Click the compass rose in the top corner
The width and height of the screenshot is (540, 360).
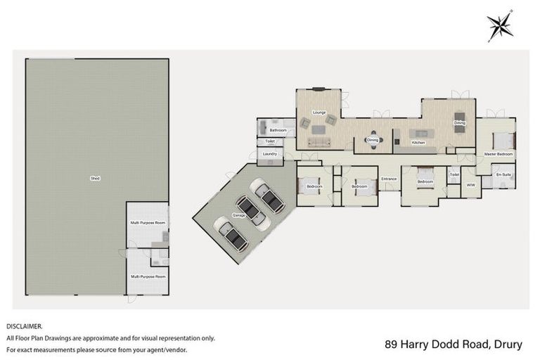pos(500,25)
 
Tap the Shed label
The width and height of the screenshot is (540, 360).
pos(95,179)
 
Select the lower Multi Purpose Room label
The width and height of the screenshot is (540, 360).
pos(148,276)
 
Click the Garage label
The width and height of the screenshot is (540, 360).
pos(240,215)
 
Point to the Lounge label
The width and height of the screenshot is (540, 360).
pos(319,112)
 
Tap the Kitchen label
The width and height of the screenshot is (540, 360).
pos(418,143)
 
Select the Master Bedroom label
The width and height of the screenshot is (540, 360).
pos(499,153)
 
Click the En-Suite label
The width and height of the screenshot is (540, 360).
pos(503,174)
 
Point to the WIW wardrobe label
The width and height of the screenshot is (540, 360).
pos(470,185)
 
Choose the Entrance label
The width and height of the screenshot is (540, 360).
pos(389,179)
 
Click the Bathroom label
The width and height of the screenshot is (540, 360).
pos(277,130)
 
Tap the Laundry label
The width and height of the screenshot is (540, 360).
pos(269,153)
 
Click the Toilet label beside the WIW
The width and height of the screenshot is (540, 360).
pos(454,174)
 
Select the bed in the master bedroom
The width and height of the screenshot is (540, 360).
pos(503,138)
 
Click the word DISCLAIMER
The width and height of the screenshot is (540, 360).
pos(25,326)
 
